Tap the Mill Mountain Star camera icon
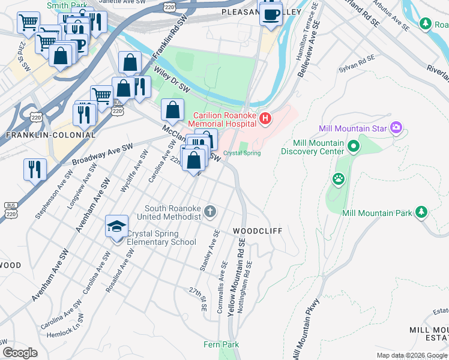pos(396,127)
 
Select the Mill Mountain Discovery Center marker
pos(354,146)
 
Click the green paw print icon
pos(339,178)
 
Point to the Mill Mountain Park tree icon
pos(421,212)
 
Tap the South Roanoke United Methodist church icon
pos(209,211)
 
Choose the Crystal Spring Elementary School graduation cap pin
pos(116,227)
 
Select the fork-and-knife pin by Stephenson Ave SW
pos(35,170)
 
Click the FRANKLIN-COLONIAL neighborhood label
pos(50,135)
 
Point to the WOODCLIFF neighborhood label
pos(257,231)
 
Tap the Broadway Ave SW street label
pos(102,154)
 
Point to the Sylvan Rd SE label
pos(357,61)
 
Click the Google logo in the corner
pos(20,353)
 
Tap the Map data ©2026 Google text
pos(411,355)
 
